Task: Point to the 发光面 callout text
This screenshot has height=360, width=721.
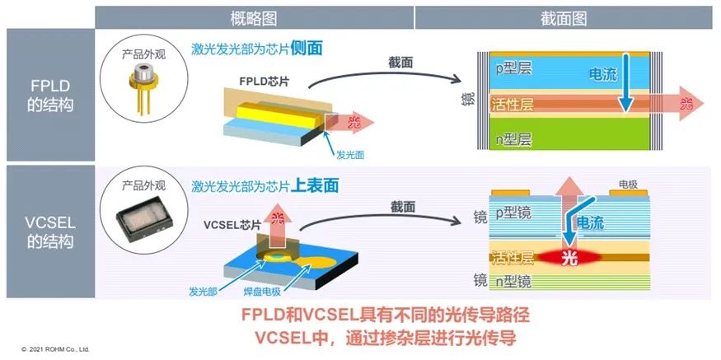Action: point(349,155)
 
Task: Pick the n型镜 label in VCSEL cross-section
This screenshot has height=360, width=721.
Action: point(516,279)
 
